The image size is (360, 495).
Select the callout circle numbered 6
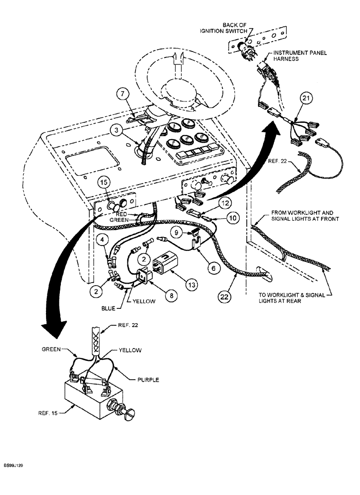(213, 267)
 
